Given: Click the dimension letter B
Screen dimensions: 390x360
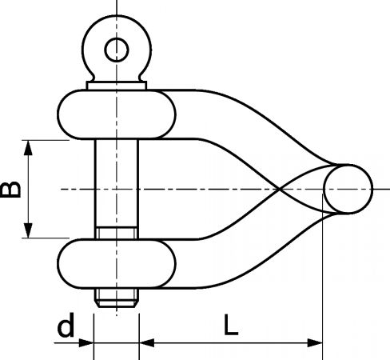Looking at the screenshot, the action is pyautogui.click(x=10, y=190).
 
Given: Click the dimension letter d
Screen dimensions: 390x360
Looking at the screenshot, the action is pyautogui.click(x=66, y=325).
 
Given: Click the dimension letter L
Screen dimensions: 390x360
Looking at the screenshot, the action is pyautogui.click(x=231, y=325).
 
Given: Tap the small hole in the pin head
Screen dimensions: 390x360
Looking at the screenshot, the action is pyautogui.click(x=117, y=50).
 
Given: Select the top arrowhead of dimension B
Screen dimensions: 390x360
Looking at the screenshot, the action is pyautogui.click(x=28, y=148).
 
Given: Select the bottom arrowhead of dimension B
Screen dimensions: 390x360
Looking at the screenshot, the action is pyautogui.click(x=28, y=230).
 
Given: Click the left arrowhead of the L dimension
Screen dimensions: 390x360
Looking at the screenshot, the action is pyautogui.click(x=147, y=343).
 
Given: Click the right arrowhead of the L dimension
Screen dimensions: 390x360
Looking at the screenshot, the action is pyautogui.click(x=315, y=343).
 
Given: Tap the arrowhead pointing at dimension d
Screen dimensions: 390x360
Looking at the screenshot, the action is pyautogui.click(x=86, y=343).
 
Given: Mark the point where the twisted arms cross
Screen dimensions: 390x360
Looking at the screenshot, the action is pyautogui.click(x=279, y=189).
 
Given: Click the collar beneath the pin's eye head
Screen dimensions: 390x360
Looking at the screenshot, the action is pyautogui.click(x=117, y=86).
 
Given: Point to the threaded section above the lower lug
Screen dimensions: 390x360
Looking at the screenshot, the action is pyautogui.click(x=117, y=233).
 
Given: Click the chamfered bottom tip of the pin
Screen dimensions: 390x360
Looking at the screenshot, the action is pyautogui.click(x=117, y=304).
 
